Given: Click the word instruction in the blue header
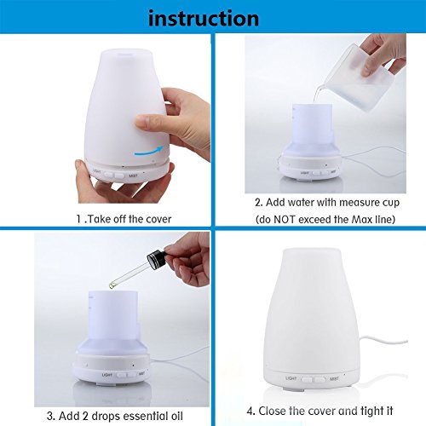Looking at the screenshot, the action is tap(204, 18).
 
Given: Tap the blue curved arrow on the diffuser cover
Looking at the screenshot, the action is tap(148, 152).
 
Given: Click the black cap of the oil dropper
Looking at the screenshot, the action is tap(155, 258).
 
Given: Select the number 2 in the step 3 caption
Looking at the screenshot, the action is tap(85, 416).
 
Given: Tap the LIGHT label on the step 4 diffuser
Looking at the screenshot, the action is tap(291, 378).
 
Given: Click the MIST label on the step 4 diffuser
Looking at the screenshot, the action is tap(334, 378).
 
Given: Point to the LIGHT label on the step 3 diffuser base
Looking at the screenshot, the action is tap(107, 375).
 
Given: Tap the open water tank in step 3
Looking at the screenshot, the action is tap(113, 318).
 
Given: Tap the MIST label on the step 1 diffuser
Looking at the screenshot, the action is tap(133, 176).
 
